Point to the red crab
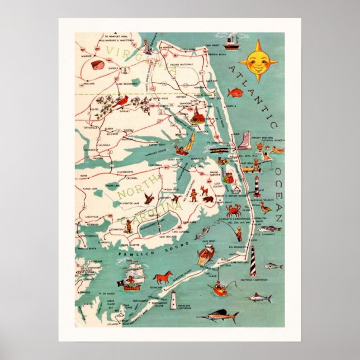tap(233, 211)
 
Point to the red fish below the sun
tap(235, 93)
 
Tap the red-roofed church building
tap(197, 116)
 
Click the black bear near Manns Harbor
tap(208, 199)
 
